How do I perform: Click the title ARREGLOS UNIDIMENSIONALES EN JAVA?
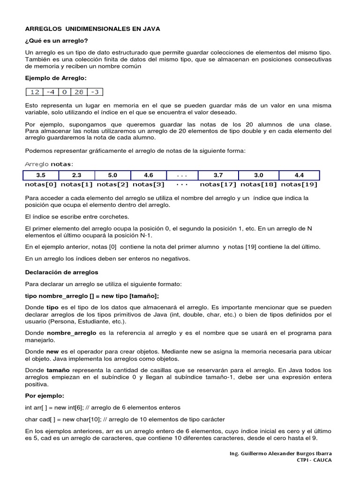tap(92, 29)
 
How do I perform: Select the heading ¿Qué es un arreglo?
tap(56, 41)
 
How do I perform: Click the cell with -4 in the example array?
tap(50, 92)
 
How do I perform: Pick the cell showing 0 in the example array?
tap(65, 92)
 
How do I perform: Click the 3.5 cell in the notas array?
tap(41, 175)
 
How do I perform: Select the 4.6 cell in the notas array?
tap(149, 175)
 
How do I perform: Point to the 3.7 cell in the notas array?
tap(218, 175)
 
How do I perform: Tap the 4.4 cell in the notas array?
tap(299, 175)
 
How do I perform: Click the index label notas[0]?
tap(41, 185)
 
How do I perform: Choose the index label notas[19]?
tap(299, 185)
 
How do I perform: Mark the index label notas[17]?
tap(218, 185)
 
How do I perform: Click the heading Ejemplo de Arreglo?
tap(56, 78)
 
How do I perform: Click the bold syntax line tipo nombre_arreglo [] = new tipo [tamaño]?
tap(92, 295)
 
